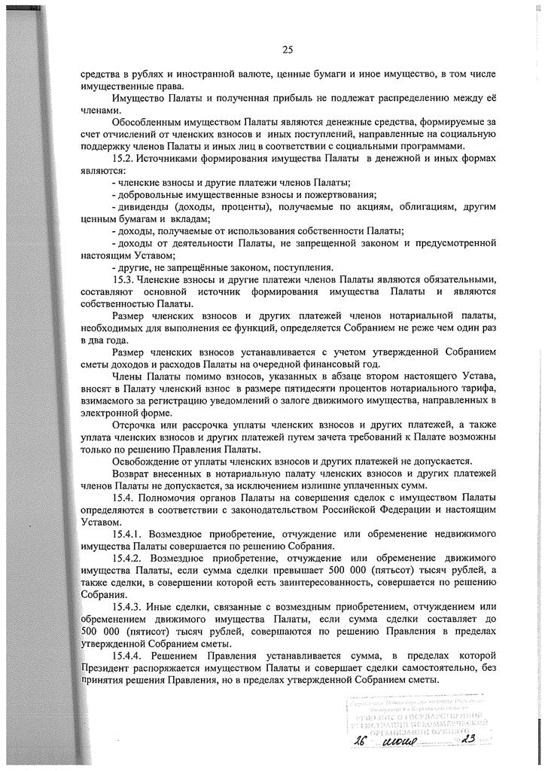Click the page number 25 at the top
point(287,50)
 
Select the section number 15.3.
point(123,279)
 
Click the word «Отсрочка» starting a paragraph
point(134,425)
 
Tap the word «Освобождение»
point(147,461)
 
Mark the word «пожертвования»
point(339,194)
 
